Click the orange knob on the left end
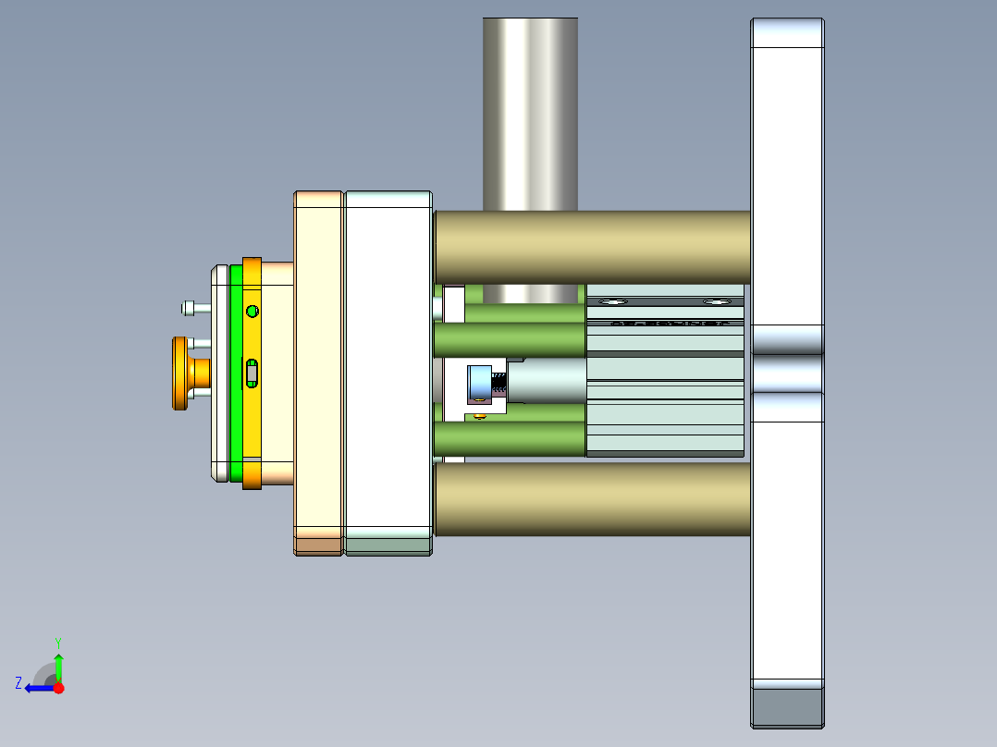(x=178, y=373)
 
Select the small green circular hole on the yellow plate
(x=252, y=312)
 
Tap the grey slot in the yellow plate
(x=252, y=373)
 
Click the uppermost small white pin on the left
(x=190, y=307)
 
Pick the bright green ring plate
(x=236, y=374)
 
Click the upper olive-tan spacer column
(x=592, y=247)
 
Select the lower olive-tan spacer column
(x=592, y=499)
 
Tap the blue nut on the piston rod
(x=478, y=384)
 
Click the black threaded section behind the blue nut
(x=498, y=382)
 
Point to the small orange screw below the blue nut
(x=479, y=417)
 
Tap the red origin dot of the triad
(x=59, y=688)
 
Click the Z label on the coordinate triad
(x=18, y=683)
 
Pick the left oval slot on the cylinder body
(x=612, y=302)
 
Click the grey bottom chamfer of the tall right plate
(x=787, y=707)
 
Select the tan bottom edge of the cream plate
(x=319, y=546)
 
